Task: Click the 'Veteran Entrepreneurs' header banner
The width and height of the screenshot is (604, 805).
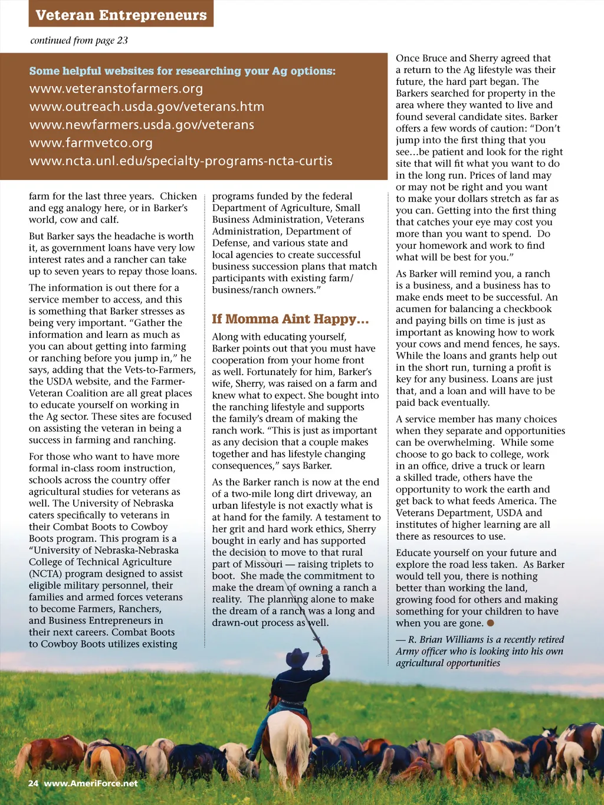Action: (x=121, y=15)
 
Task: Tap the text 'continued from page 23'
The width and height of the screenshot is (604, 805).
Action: (x=79, y=41)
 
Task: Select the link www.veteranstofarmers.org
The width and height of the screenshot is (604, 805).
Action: (x=116, y=89)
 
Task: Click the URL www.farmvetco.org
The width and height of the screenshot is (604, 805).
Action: (x=91, y=143)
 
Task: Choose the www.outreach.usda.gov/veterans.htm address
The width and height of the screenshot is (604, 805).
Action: (x=147, y=107)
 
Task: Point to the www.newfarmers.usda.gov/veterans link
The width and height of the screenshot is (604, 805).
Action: (x=142, y=125)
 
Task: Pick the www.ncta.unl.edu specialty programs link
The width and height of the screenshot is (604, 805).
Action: (x=181, y=161)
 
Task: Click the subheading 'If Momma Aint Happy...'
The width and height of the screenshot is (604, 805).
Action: (x=290, y=319)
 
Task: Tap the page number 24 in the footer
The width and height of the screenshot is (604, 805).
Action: (x=33, y=783)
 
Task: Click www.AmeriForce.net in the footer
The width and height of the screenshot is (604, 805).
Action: (x=91, y=783)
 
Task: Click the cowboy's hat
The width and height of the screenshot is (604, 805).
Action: (x=297, y=656)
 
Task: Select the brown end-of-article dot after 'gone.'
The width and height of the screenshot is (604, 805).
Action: (x=490, y=623)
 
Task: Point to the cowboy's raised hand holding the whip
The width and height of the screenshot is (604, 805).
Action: (x=324, y=651)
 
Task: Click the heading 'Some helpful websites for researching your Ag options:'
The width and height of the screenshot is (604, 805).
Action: (x=182, y=71)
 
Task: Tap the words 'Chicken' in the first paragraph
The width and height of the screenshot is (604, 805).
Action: (x=178, y=196)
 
